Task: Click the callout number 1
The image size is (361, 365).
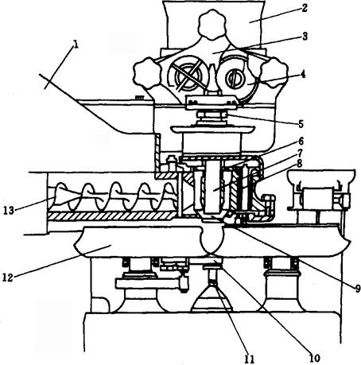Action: pyautogui.click(x=76, y=45)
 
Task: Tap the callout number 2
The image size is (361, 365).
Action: pyautogui.click(x=305, y=8)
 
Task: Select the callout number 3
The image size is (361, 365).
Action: pyautogui.click(x=305, y=37)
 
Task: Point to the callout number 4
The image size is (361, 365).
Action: pyautogui.click(x=302, y=74)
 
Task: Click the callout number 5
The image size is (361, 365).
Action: pyautogui.click(x=301, y=124)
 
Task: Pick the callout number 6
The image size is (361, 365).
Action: pyautogui.click(x=301, y=142)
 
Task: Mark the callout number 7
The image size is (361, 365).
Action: pyautogui.click(x=300, y=153)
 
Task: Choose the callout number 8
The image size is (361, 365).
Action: pyautogui.click(x=299, y=164)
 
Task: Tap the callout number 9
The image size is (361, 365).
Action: pyautogui.click(x=356, y=288)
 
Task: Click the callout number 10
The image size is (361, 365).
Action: pyautogui.click(x=314, y=359)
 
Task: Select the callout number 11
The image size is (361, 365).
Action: pyautogui.click(x=250, y=359)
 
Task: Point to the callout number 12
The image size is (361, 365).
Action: pyautogui.click(x=8, y=278)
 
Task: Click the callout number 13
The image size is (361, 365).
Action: pyautogui.click(x=9, y=211)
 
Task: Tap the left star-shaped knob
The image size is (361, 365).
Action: pyautogui.click(x=147, y=75)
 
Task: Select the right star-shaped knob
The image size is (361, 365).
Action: pyautogui.click(x=274, y=72)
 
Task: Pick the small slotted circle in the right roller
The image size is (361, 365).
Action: pyautogui.click(x=234, y=78)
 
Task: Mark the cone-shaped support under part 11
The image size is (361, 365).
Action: pyautogui.click(x=212, y=298)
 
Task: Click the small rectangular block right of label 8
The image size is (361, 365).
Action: pyautogui.click(x=316, y=198)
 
